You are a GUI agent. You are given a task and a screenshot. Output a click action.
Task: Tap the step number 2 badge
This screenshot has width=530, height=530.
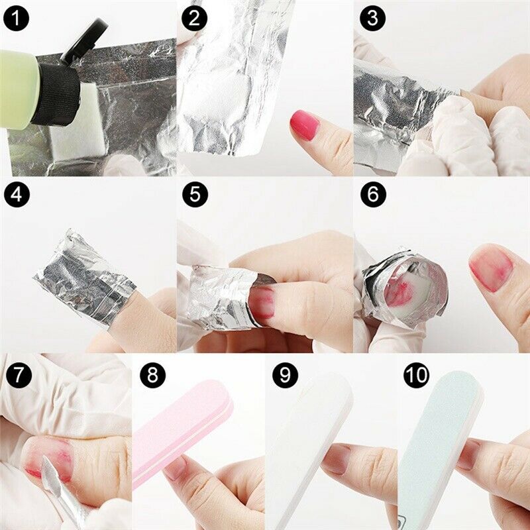tap(193, 18)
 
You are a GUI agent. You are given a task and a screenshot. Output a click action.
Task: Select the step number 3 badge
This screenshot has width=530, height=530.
tap(372, 18)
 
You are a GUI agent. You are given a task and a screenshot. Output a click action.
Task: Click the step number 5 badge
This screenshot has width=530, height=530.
tap(193, 195)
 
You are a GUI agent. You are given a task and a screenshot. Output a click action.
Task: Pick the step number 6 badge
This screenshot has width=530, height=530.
tap(372, 195)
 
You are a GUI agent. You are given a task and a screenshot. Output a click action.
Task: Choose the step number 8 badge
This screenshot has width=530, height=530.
tap(153, 376)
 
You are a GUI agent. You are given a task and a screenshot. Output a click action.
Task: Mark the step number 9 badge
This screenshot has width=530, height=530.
tap(285, 376)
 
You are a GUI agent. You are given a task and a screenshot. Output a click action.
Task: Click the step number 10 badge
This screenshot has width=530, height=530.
tap(417, 376)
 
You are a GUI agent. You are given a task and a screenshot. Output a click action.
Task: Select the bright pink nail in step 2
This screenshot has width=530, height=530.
tap(305, 125)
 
